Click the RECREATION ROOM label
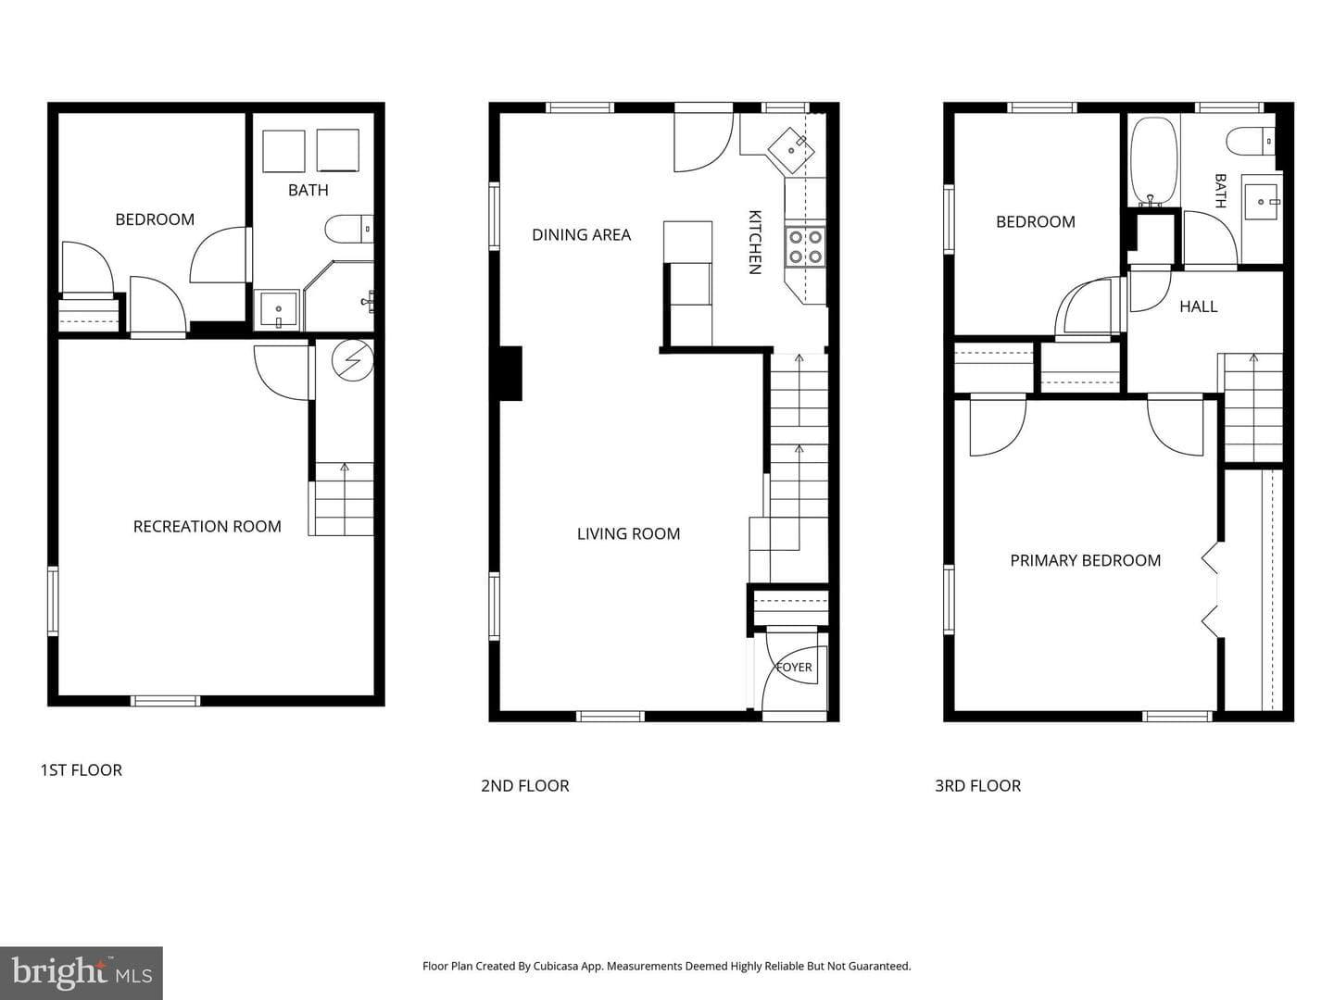click(x=208, y=527)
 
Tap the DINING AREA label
click(x=581, y=235)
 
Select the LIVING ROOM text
click(x=628, y=533)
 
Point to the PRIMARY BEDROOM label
click(x=1086, y=560)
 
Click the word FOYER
click(x=794, y=668)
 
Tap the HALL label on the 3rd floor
click(x=1199, y=306)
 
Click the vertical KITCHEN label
click(x=754, y=243)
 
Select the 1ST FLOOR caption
click(x=82, y=770)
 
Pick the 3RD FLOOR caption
click(x=978, y=786)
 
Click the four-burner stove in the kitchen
click(x=805, y=246)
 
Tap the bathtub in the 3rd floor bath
click(x=1153, y=161)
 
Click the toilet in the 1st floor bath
click(x=349, y=229)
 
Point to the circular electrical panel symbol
click(x=353, y=361)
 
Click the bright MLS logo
click(x=82, y=973)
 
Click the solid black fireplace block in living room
click(x=510, y=373)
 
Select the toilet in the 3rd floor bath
click(x=1251, y=142)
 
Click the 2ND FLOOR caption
click(x=525, y=786)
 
